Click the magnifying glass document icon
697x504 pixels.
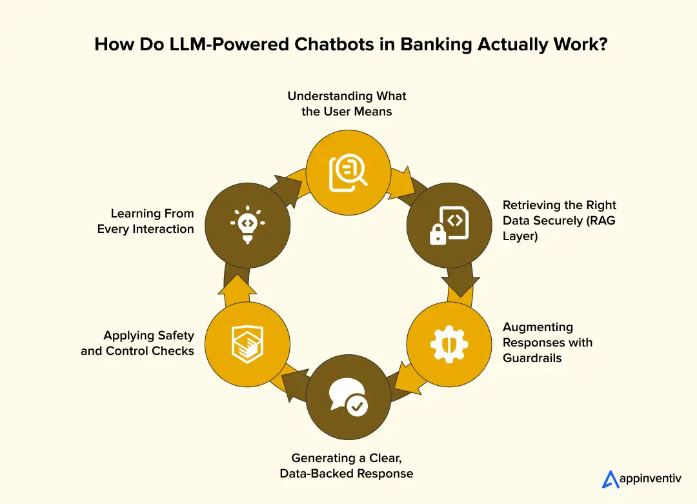pos(348,171)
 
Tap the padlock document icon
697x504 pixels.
pos(448,225)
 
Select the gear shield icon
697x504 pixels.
pos(448,344)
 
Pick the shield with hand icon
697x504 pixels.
pos(247,344)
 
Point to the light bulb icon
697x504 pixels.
pos(247,225)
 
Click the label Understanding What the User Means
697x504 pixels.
pos(347,103)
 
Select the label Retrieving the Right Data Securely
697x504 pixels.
pos(559,220)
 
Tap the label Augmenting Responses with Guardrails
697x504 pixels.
pos(547,342)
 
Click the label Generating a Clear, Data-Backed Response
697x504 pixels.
pos(347,465)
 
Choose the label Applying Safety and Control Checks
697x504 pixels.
pos(137,343)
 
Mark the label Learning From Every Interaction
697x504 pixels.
pos(146,221)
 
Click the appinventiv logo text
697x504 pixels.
pos(649,480)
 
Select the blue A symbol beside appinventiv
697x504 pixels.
pos(610,479)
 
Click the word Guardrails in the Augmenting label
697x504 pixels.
pos(532,358)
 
